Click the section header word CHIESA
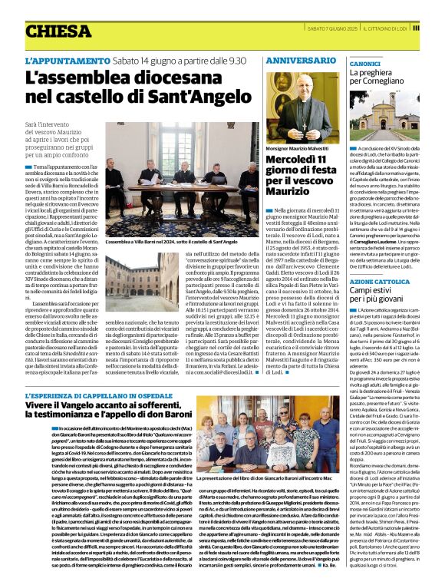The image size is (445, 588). tap(58, 31)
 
